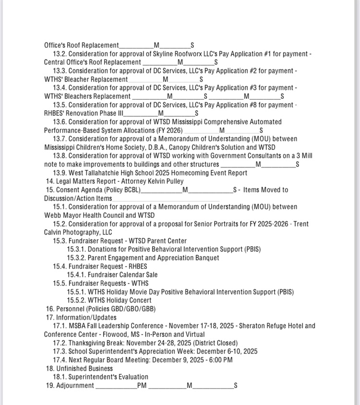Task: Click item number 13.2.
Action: click(x=59, y=54)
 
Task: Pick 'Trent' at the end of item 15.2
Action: click(x=300, y=224)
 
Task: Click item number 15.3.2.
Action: click(x=76, y=258)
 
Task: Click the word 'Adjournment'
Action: click(x=75, y=385)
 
